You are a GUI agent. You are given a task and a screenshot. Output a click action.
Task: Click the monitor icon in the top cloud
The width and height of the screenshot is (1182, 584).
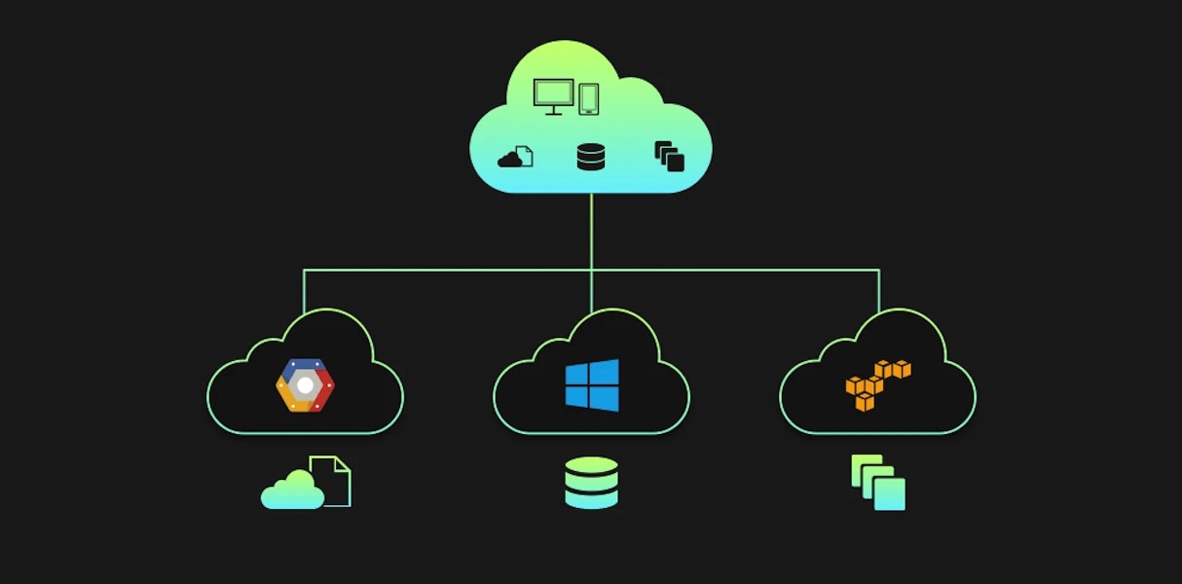point(553,95)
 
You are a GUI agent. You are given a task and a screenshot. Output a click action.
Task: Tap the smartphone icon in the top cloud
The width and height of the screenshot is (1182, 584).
point(589,98)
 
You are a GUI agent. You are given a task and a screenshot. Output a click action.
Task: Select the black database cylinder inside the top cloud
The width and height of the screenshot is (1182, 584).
point(591,157)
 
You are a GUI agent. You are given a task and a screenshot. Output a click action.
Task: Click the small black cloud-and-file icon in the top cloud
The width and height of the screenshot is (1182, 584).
point(515,157)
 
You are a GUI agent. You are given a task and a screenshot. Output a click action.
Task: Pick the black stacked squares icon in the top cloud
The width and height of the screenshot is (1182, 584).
point(669,157)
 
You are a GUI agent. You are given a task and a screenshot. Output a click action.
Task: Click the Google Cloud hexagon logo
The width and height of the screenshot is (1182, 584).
point(305,385)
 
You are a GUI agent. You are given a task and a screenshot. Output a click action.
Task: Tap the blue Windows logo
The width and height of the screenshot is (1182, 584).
point(592,384)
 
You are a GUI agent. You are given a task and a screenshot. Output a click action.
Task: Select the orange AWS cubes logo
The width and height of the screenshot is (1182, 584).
point(877,384)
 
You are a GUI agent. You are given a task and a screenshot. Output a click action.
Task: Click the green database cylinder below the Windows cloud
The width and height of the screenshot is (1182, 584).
point(591,483)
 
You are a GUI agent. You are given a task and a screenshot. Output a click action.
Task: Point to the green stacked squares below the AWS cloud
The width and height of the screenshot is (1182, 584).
point(878,483)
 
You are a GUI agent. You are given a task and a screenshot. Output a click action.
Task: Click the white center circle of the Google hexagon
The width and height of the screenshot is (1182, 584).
point(305,385)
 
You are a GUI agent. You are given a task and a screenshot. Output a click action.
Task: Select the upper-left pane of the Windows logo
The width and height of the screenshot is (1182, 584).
point(577,374)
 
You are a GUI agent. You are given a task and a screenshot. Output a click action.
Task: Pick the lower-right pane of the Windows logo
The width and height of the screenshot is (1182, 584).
point(605,398)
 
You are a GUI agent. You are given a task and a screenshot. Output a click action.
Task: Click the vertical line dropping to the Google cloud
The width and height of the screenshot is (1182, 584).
point(304,290)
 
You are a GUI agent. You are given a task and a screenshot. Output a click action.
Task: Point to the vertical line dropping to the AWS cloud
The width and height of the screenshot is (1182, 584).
point(879,290)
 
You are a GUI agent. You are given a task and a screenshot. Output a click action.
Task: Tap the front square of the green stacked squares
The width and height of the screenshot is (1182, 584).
point(890,494)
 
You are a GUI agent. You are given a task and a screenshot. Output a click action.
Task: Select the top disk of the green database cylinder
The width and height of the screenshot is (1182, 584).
point(591,465)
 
